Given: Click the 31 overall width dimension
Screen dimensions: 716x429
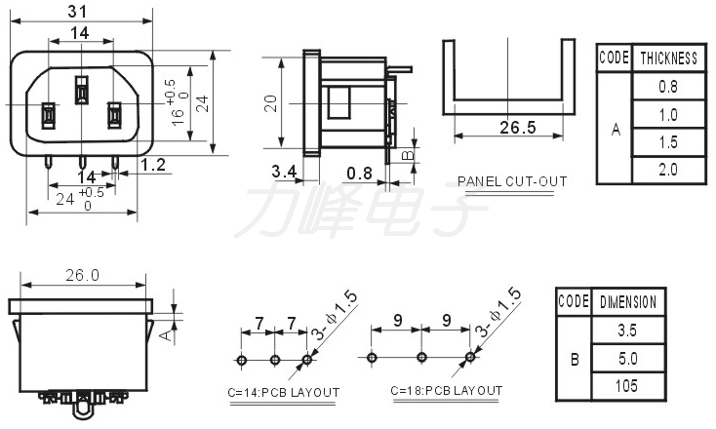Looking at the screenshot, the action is click(x=77, y=11).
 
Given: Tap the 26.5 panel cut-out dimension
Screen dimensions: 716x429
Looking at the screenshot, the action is click(x=518, y=128).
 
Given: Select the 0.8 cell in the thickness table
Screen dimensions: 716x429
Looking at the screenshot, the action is click(x=668, y=86).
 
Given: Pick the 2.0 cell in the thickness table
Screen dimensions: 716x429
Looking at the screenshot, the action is click(x=668, y=170).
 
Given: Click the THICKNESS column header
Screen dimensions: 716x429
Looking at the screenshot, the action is click(x=669, y=58).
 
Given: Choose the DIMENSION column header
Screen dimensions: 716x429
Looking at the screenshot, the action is click(x=628, y=302).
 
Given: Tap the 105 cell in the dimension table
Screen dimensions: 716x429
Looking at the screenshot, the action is click(x=626, y=386).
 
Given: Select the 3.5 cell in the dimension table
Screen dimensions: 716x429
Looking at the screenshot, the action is click(x=627, y=330).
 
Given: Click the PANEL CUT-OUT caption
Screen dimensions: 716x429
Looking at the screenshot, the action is click(x=512, y=181).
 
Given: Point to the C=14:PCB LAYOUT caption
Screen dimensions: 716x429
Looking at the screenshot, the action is click(x=284, y=393).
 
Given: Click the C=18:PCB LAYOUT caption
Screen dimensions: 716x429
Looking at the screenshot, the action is click(x=447, y=391).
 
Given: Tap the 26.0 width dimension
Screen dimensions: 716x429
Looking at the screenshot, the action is click(x=82, y=275).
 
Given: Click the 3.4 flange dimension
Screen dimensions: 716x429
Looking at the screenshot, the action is click(x=284, y=172).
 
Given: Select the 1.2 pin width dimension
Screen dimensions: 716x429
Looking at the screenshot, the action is click(x=153, y=165).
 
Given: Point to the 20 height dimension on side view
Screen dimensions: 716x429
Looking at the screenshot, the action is click(x=271, y=103).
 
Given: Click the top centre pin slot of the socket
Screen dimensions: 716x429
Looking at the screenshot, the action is click(x=81, y=90).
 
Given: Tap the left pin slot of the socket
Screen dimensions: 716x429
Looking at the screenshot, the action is click(x=49, y=115).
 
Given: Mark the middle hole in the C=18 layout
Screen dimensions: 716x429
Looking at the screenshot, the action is click(x=422, y=357).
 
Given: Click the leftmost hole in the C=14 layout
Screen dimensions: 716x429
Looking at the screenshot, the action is click(x=242, y=360).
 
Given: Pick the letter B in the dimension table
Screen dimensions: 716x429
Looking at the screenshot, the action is click(x=575, y=360).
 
